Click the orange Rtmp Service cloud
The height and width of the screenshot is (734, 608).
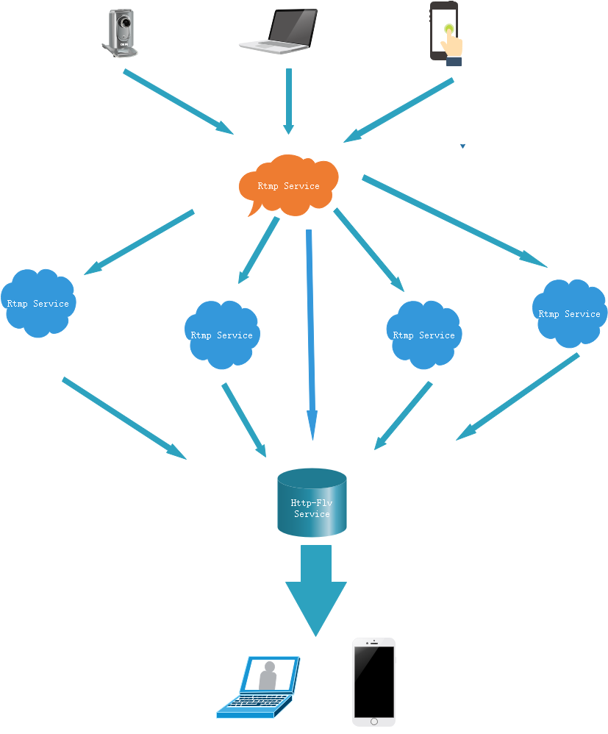point(288,185)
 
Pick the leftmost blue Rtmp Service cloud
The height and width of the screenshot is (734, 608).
point(37,303)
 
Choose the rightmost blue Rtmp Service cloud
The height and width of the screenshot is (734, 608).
point(570,313)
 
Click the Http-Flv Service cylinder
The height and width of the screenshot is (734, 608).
point(312,503)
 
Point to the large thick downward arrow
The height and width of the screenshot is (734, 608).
point(316,588)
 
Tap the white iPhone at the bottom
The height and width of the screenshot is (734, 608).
point(373,681)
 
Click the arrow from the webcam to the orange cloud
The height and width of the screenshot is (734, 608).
point(176,101)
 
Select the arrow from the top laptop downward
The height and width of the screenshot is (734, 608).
point(289,101)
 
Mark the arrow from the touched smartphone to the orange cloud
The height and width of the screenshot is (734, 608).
point(401,110)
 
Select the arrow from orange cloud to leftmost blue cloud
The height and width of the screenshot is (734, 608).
point(140,243)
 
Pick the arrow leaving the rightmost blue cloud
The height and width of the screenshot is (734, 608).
point(518,397)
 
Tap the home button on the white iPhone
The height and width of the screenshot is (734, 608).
point(373,721)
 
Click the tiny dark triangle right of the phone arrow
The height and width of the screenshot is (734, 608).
point(462,146)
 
